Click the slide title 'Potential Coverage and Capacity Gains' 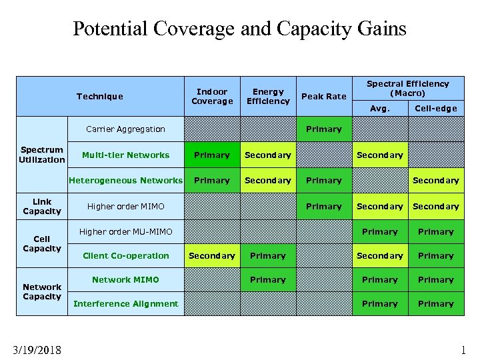pos(239,29)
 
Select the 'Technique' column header pos(100,97)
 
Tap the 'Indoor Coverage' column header pos(212,97)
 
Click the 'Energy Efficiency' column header pos(268,97)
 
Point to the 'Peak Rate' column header pos(324,97)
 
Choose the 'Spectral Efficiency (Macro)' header pos(407,88)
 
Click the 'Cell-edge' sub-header pos(436,109)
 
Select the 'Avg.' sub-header pos(380,109)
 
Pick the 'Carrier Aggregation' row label pos(126,129)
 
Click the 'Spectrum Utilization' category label pos(42,155)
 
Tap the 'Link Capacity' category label pos(42,207)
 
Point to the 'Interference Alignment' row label pos(126,304)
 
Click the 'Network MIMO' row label pos(126,280)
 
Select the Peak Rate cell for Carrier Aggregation pos(324,129)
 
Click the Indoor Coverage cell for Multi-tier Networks pos(212,155)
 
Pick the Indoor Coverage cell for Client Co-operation pos(212,256)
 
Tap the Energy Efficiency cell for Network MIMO pos(268,280)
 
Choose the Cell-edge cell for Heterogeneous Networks pos(436,181)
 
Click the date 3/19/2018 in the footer pos(37,349)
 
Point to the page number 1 pos(463,349)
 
